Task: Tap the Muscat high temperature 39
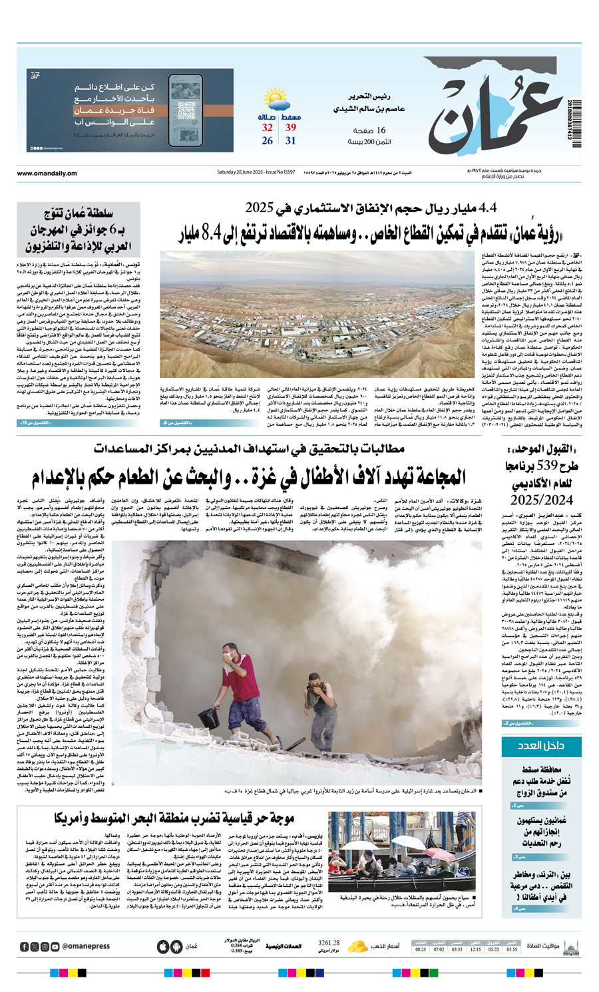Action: (291, 128)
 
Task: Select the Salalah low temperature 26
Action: (268, 141)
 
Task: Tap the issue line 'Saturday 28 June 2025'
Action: (256, 172)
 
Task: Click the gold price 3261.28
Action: (329, 943)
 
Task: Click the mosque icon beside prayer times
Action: (570, 946)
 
